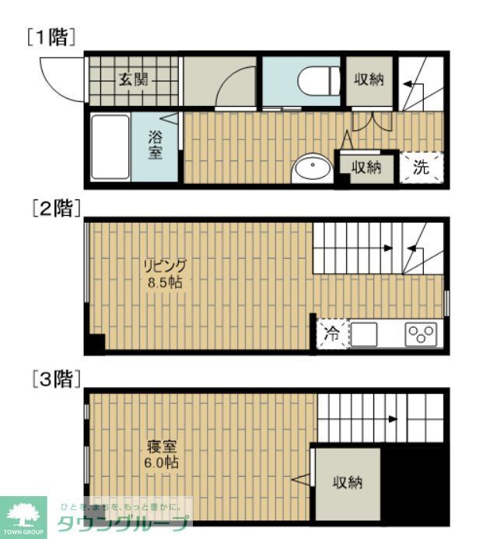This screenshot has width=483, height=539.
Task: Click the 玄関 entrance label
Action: (134, 79)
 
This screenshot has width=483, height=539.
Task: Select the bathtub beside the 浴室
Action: (110, 147)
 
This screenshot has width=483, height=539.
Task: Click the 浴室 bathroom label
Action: (156, 145)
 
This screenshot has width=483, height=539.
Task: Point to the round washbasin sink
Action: (311, 168)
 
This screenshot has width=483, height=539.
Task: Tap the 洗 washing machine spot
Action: (421, 167)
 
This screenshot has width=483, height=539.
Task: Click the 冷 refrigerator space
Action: (332, 335)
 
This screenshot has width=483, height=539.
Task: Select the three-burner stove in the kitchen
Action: (422, 335)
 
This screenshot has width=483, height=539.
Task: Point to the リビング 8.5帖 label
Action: (165, 273)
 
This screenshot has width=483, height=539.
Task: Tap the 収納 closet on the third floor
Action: (348, 483)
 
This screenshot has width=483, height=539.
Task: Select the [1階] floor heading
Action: (51, 37)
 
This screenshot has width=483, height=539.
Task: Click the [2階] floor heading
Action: (52, 208)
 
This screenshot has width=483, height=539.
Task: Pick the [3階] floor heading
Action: (52, 380)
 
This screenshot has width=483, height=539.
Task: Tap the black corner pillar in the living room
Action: (95, 343)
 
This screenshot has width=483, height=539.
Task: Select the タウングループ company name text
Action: (124, 524)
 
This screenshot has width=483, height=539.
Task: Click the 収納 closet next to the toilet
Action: (369, 79)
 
